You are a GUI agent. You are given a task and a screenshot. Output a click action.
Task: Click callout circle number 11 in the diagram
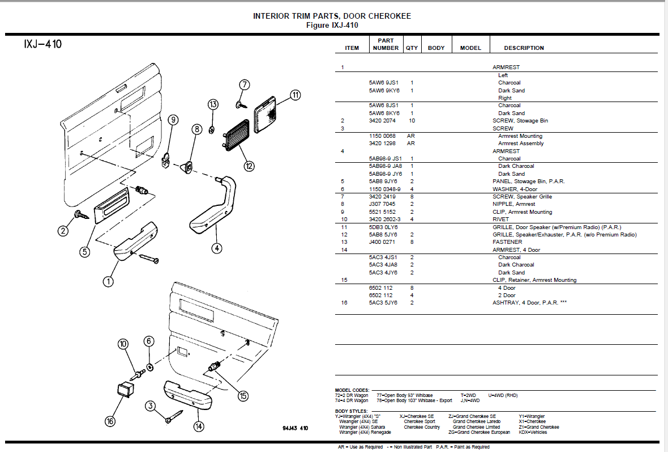296,95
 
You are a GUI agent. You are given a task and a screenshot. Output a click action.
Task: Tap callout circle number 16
110,421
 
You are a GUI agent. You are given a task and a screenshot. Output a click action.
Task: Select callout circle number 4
217,248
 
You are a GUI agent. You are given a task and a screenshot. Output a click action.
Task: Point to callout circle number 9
173,120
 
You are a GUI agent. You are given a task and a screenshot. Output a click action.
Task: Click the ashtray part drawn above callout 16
123,389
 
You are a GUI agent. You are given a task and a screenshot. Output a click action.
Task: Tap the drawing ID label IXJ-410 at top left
42,44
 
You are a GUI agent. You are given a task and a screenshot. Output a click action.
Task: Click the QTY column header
412,48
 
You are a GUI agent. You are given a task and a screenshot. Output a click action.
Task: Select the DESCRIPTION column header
524,48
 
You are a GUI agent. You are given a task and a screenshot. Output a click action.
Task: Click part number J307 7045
383,204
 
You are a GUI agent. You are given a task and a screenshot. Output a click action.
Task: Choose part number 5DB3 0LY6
383,227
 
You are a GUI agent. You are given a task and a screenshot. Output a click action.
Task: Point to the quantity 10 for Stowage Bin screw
412,121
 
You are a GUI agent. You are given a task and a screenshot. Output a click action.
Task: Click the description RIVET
500,219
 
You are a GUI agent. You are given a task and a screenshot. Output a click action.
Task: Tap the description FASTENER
507,242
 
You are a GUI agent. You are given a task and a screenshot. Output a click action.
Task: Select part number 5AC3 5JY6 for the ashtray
383,303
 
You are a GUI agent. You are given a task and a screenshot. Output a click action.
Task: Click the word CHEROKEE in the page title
390,16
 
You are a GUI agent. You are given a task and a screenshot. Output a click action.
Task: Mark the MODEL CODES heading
352,391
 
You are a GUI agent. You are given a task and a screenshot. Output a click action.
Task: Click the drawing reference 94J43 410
295,428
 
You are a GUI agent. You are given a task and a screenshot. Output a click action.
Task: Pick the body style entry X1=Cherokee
532,422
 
